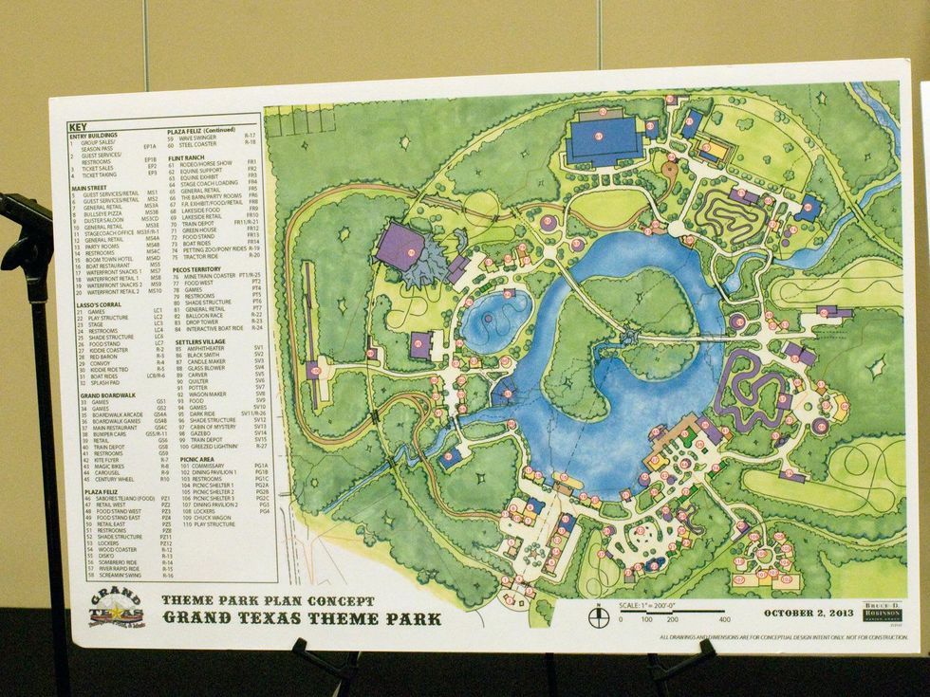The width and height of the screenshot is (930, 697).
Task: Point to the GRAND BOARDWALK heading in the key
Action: tap(105, 394)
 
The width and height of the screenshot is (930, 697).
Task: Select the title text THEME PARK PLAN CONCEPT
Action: tap(268, 600)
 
